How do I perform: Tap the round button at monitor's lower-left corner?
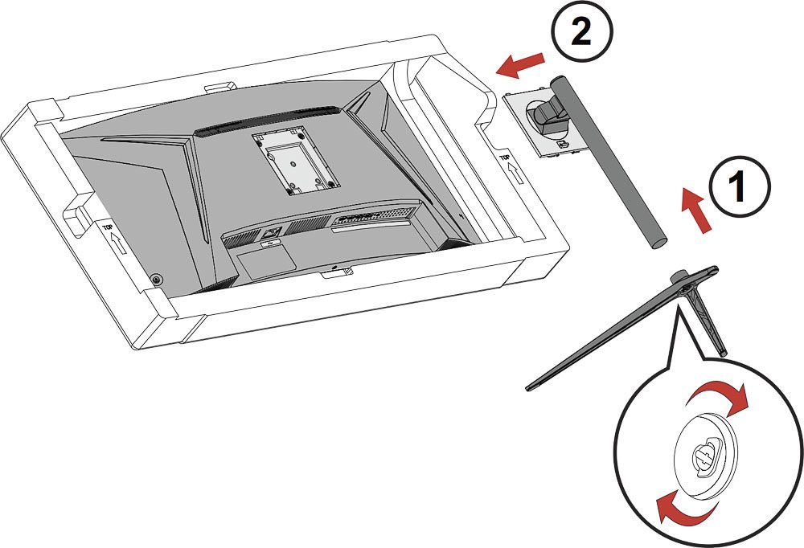pos(156,279)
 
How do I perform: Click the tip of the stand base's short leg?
pos(724,351)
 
